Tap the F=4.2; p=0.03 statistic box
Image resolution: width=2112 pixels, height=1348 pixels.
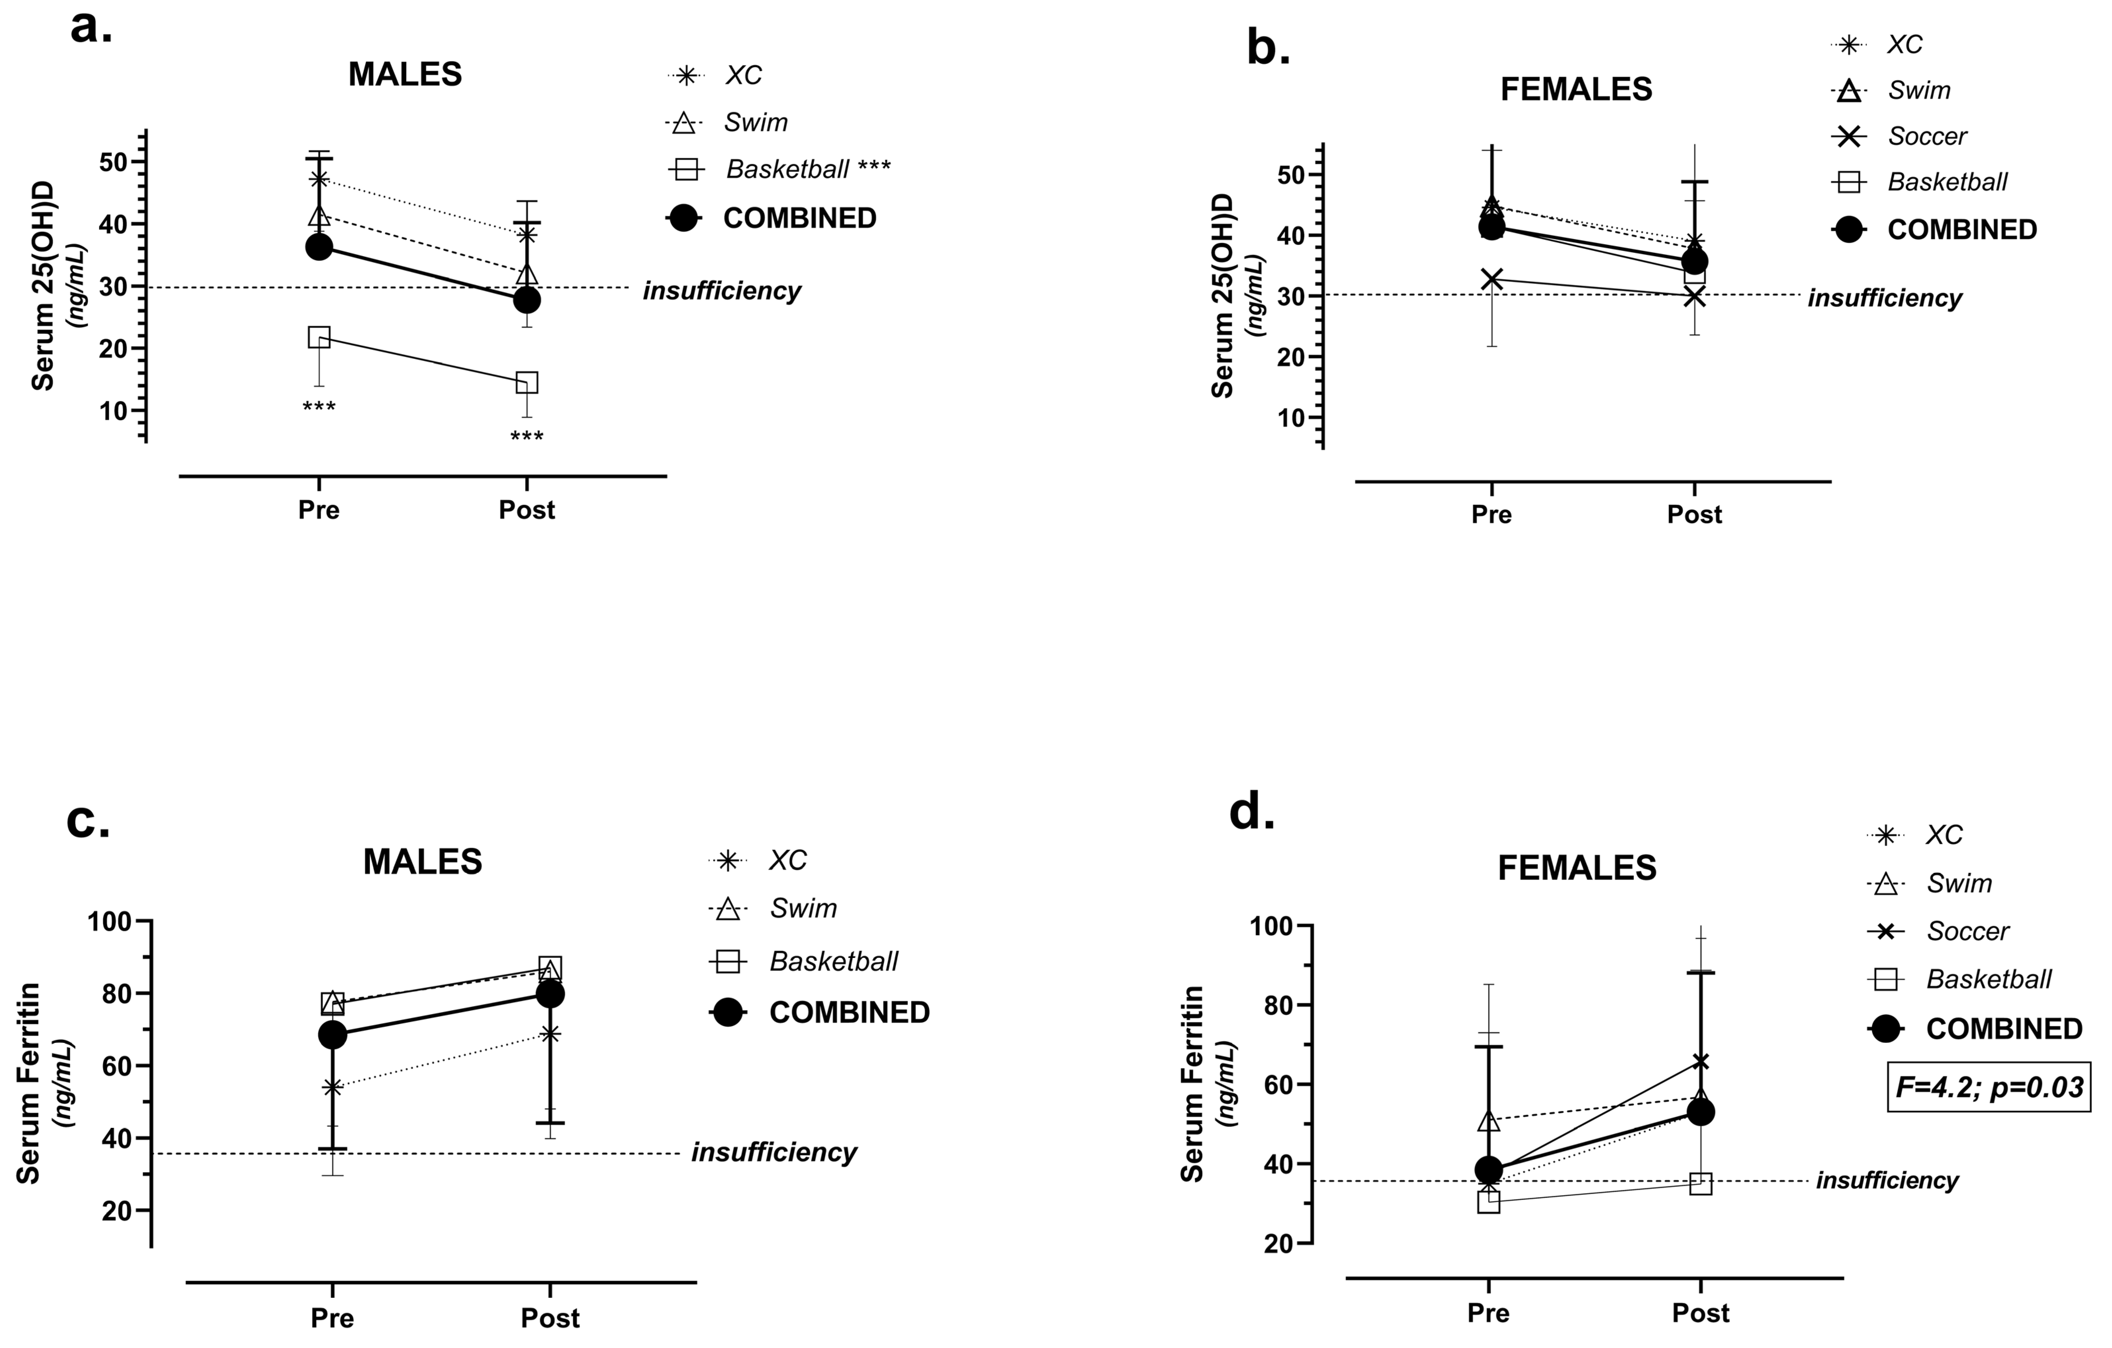1988,1088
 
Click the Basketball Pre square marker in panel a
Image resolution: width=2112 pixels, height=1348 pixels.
319,337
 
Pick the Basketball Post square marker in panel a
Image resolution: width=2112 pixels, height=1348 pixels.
526,382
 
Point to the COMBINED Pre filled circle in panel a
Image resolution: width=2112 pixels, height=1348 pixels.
319,247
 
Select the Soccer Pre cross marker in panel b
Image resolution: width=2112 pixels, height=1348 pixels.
1491,280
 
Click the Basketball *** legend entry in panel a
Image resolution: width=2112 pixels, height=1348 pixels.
807,169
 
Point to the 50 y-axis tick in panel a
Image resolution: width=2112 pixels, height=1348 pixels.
114,162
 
